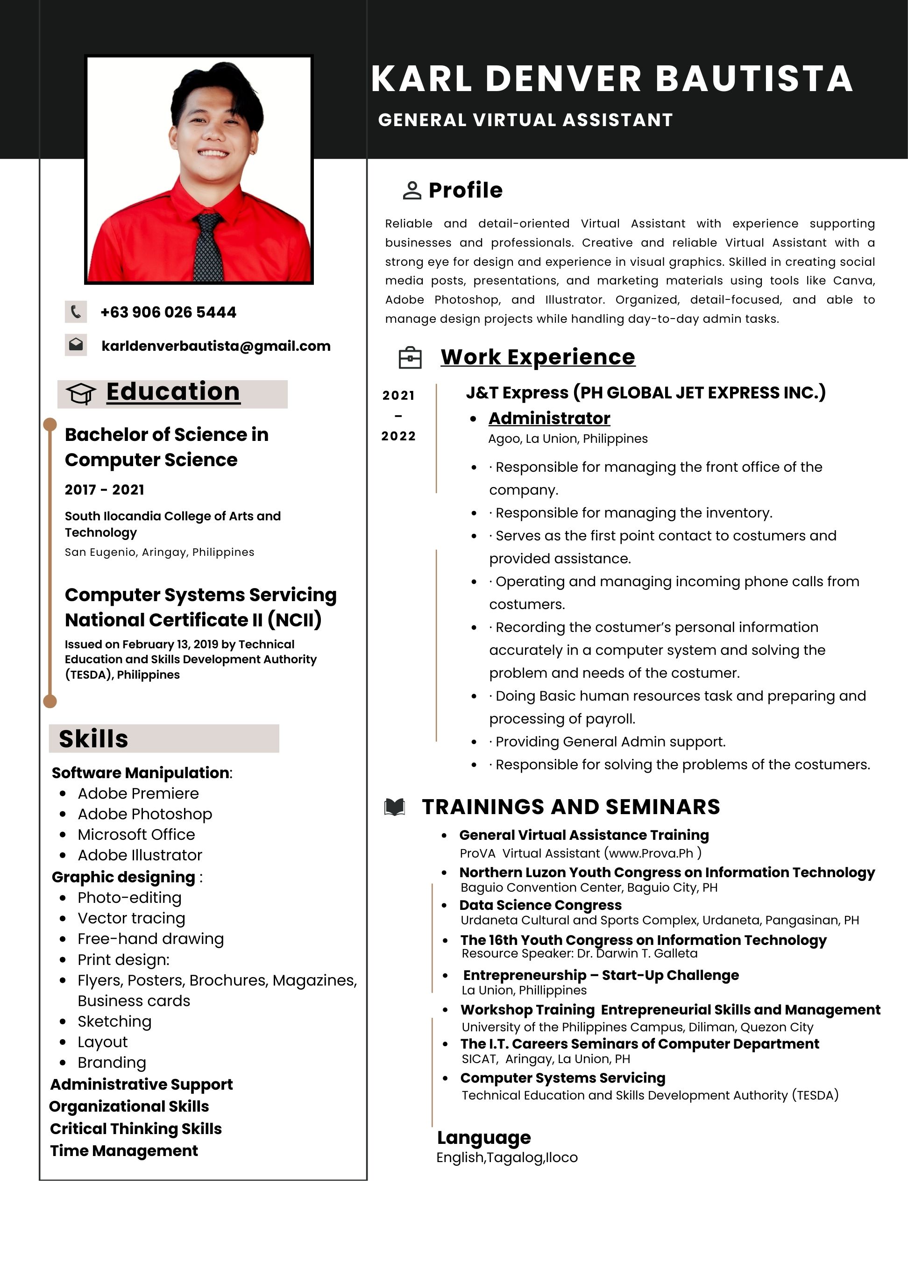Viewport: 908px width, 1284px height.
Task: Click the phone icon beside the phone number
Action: click(x=76, y=312)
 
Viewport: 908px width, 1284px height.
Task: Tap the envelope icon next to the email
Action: click(x=76, y=345)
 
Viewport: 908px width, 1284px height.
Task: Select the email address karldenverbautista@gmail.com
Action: click(x=216, y=346)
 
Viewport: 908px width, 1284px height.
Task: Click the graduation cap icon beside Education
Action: click(x=81, y=394)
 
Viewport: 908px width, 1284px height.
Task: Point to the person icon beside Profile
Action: click(x=411, y=191)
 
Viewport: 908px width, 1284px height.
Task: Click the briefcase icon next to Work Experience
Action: click(x=410, y=358)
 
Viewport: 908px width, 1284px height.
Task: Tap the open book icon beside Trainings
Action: click(x=394, y=807)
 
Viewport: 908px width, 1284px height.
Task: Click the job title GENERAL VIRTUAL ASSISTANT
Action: click(x=525, y=120)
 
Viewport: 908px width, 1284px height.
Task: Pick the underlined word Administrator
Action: click(x=549, y=419)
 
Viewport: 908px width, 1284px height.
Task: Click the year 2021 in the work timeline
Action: click(x=398, y=395)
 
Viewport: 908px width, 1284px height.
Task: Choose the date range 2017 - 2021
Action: click(x=104, y=490)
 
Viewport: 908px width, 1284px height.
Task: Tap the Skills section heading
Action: click(x=93, y=739)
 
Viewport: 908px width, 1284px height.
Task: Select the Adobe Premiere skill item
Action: click(x=138, y=794)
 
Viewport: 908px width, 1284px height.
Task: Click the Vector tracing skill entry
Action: click(x=131, y=918)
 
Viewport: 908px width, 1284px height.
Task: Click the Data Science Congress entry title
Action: click(x=540, y=905)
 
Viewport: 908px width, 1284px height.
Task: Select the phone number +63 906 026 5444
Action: click(x=168, y=312)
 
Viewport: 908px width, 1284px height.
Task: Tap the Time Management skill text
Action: click(x=124, y=1150)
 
